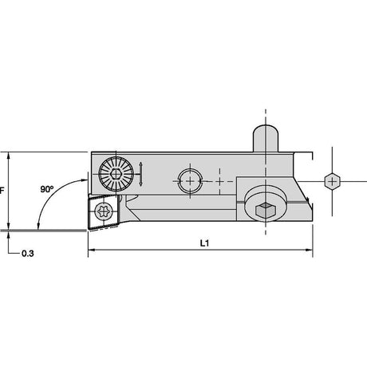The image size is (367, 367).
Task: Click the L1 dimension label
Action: pyautogui.click(x=204, y=243)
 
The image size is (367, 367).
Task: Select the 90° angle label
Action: pyautogui.click(x=47, y=189)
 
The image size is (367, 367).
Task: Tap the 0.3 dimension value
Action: pyautogui.click(x=28, y=254)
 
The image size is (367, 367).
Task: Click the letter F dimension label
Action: pyautogui.click(x=2, y=191)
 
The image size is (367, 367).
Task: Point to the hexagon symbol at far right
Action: pyautogui.click(x=332, y=182)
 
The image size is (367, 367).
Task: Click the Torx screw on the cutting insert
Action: pyautogui.click(x=103, y=211)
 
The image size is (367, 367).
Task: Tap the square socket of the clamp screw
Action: pyautogui.click(x=265, y=210)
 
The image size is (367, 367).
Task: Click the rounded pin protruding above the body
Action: pyautogui.click(x=266, y=138)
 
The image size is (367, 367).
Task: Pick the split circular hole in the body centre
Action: pyautogui.click(x=190, y=181)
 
